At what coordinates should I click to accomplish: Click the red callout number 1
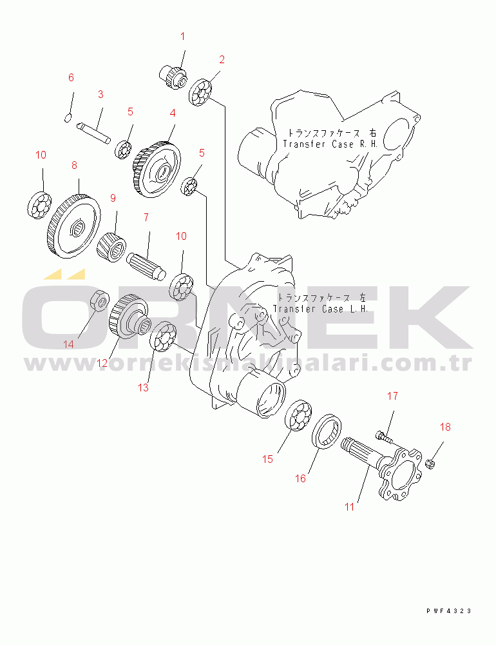(x=183, y=36)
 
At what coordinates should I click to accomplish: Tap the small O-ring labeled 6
(x=68, y=118)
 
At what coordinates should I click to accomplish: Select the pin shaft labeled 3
(x=94, y=132)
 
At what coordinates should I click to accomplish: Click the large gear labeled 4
(x=157, y=169)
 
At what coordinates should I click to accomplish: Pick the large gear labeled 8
(x=74, y=226)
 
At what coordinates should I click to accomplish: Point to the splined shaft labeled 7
(x=146, y=266)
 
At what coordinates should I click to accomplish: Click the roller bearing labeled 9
(x=111, y=246)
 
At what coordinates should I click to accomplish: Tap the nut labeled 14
(x=100, y=300)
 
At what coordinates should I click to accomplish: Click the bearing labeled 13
(x=163, y=336)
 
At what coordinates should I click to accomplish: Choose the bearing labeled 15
(x=298, y=415)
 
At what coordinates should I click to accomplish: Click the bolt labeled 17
(x=383, y=436)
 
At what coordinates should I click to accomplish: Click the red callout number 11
(x=350, y=507)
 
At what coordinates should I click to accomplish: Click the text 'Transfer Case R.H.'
(x=330, y=144)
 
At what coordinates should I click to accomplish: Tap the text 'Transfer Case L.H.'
(x=320, y=309)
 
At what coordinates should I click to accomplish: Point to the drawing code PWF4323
(x=449, y=611)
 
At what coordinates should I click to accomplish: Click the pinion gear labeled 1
(x=173, y=77)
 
